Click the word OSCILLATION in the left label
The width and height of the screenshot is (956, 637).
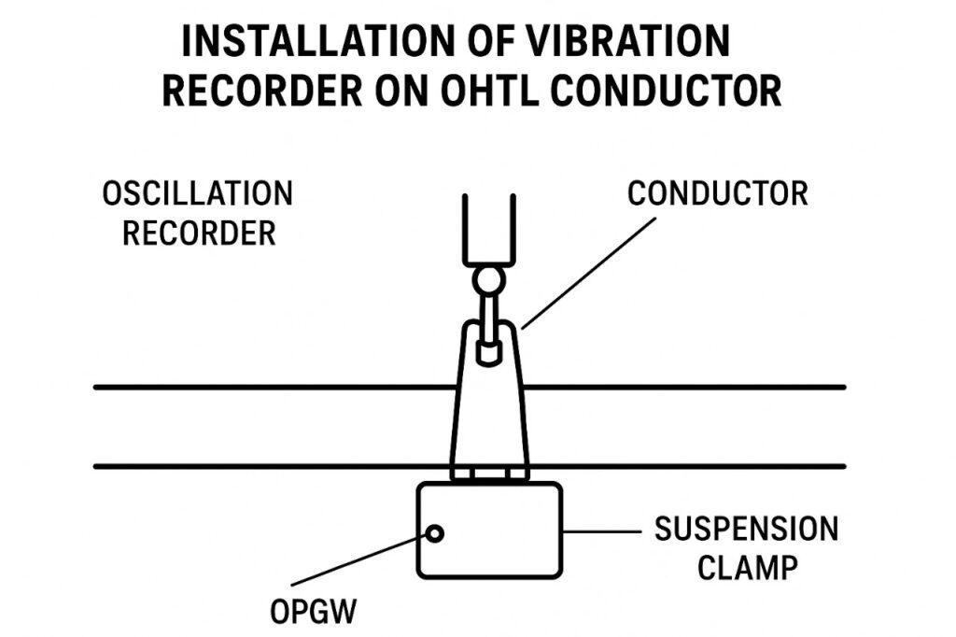pyautogui.click(x=197, y=194)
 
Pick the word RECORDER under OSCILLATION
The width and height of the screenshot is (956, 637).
pyautogui.click(x=199, y=233)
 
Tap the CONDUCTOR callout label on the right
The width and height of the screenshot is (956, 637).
pyautogui.click(x=717, y=194)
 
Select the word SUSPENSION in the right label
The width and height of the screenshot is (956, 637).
pyautogui.click(x=746, y=530)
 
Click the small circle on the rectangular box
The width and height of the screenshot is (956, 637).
pyautogui.click(x=434, y=533)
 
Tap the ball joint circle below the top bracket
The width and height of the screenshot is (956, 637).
pyautogui.click(x=488, y=279)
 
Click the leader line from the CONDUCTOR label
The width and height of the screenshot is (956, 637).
pyautogui.click(x=588, y=272)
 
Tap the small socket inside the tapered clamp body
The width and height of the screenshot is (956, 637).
pyautogui.click(x=488, y=351)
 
